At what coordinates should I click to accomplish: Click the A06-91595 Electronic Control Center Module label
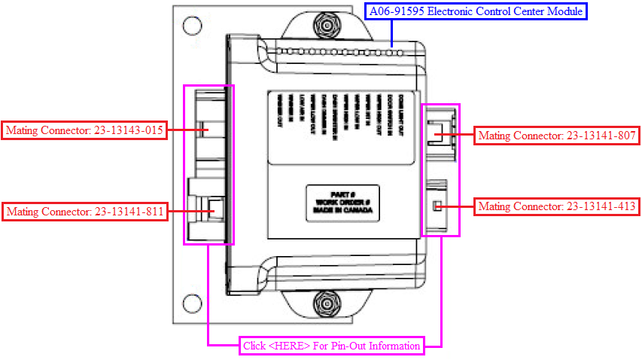(x=475, y=11)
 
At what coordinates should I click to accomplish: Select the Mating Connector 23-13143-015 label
(x=84, y=130)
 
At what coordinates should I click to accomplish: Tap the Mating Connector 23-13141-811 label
(x=84, y=212)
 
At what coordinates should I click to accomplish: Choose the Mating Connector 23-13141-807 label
(x=558, y=136)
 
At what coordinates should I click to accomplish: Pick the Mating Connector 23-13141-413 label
(x=557, y=206)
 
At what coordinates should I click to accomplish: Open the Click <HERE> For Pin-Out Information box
(x=331, y=346)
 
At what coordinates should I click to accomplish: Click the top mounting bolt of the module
(x=327, y=28)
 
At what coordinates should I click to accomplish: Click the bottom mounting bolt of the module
(x=327, y=304)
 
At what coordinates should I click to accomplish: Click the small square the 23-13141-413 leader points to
(x=436, y=206)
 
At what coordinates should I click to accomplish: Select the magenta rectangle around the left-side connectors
(x=185, y=164)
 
